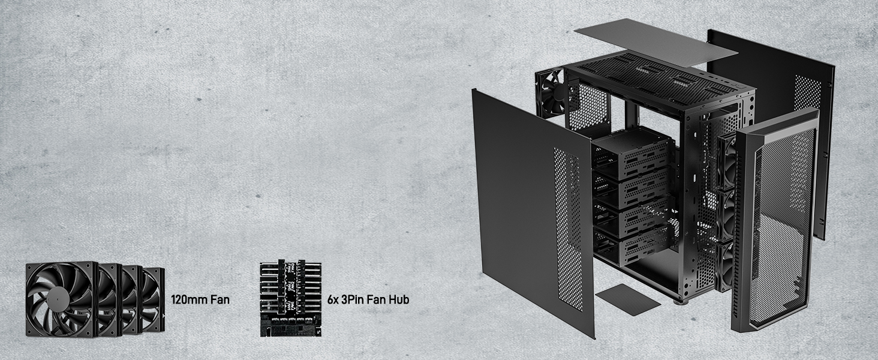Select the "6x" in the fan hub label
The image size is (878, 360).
click(333, 299)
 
